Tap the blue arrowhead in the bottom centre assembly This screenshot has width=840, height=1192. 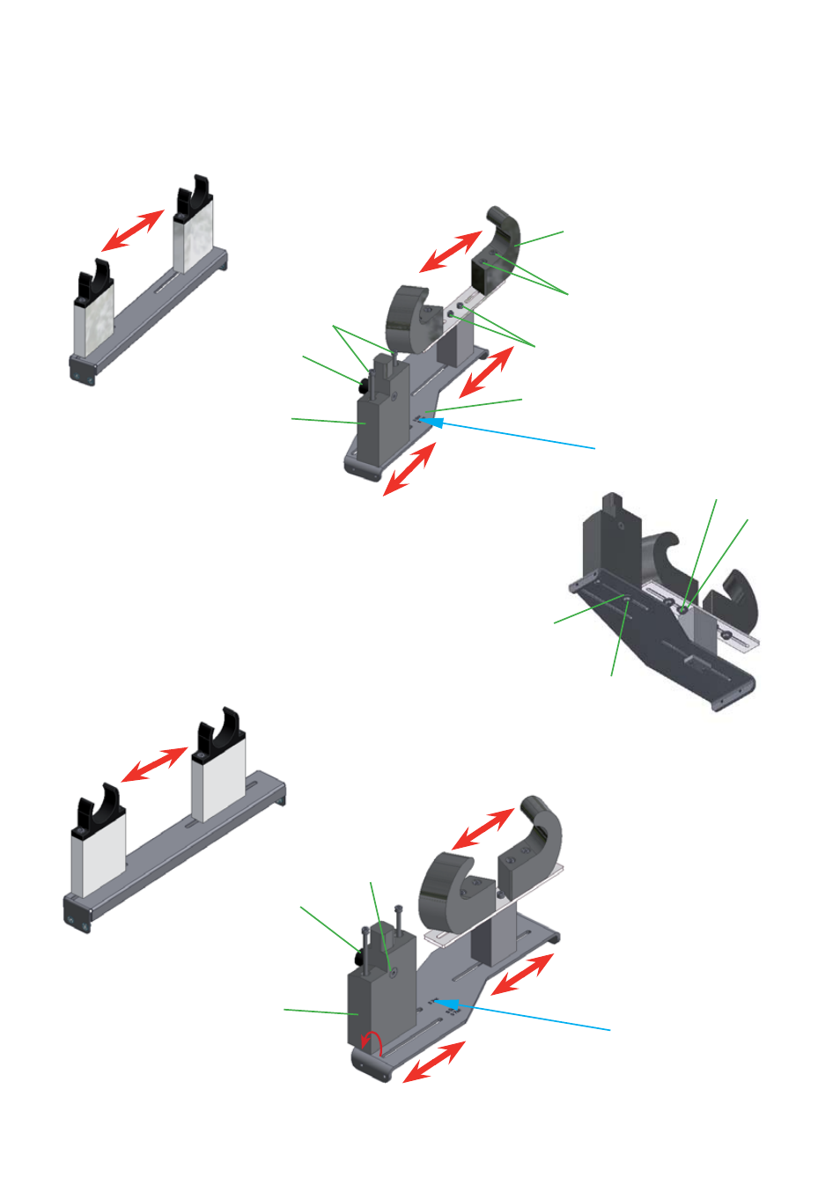(448, 1004)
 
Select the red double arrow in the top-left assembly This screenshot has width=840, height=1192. (133, 231)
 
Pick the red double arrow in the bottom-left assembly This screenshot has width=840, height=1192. (154, 763)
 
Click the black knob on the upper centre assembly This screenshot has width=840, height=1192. (363, 384)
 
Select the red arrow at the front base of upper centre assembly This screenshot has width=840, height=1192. (409, 468)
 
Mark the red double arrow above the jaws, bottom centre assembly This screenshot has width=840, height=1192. (483, 828)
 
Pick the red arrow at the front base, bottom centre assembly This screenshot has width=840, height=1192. (433, 1061)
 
